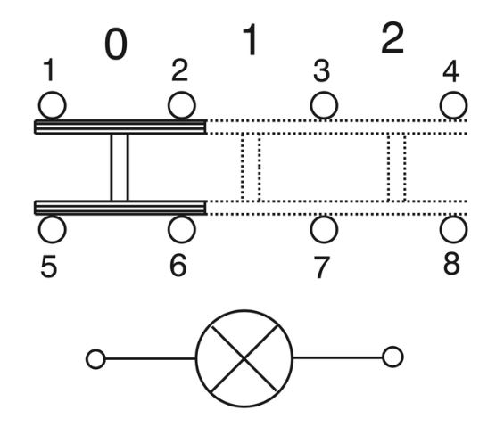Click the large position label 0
[116, 44]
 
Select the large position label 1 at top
[251, 39]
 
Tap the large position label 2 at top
[392, 38]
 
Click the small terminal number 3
[321, 70]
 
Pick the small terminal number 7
[321, 267]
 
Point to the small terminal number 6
[178, 266]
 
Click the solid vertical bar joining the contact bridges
[120, 167]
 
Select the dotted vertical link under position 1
[251, 167]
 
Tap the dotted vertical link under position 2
[396, 167]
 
